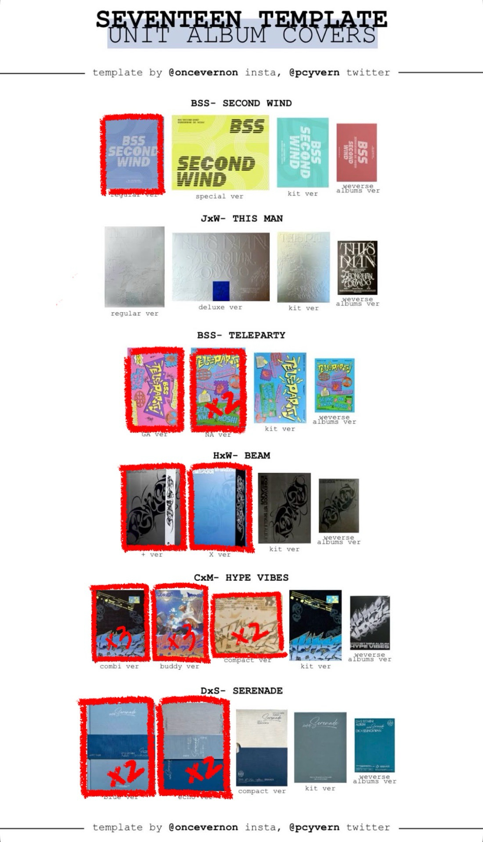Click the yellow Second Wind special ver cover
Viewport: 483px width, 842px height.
(x=220, y=152)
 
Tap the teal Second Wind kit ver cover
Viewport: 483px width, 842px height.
(x=303, y=152)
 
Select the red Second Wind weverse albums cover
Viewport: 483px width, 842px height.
(x=357, y=152)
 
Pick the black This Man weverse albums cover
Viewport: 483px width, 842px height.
(x=357, y=267)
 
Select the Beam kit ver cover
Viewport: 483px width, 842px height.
(x=284, y=508)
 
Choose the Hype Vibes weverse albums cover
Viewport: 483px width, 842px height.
(x=370, y=623)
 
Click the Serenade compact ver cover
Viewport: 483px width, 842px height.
(x=262, y=747)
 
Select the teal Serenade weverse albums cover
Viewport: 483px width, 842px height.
(x=375, y=745)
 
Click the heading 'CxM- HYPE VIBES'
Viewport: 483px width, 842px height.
(x=241, y=578)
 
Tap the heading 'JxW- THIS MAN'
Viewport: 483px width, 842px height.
(x=241, y=219)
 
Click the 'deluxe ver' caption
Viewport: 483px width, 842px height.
(x=220, y=307)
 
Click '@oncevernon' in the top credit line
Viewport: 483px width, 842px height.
(x=203, y=72)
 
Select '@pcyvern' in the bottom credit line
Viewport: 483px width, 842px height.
(x=314, y=827)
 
